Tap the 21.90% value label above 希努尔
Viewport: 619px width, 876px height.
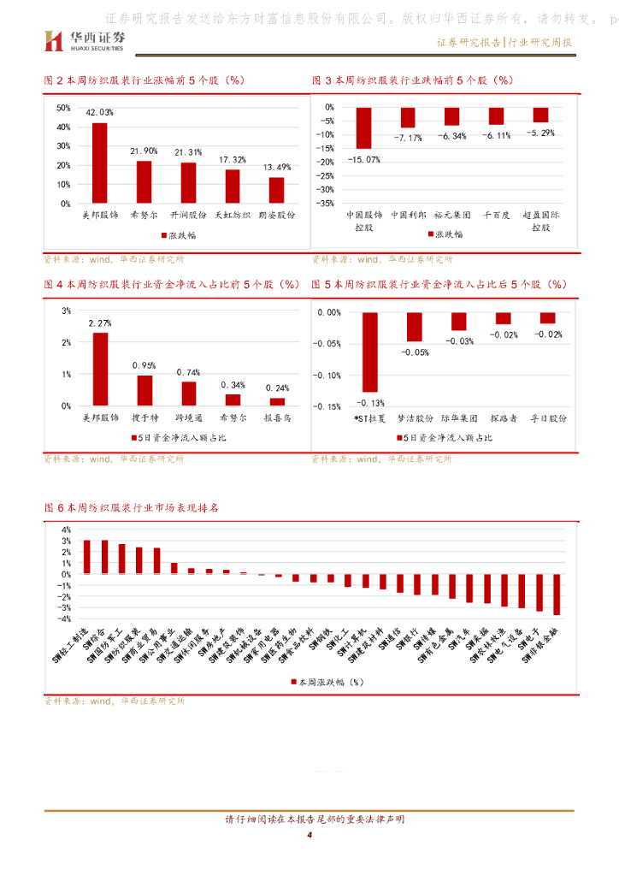click(144, 151)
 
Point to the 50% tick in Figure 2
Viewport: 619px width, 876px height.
click(63, 108)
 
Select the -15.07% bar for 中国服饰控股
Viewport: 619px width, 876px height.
click(364, 128)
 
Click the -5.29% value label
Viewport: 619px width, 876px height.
click(540, 133)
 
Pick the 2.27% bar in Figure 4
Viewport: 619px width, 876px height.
click(100, 369)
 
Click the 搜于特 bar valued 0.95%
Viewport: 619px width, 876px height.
click(144, 390)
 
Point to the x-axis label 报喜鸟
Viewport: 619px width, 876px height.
click(277, 418)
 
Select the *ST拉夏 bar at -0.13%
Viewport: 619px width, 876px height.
click(370, 352)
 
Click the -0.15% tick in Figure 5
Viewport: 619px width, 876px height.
click(328, 406)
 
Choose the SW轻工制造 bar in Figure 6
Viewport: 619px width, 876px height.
click(86, 557)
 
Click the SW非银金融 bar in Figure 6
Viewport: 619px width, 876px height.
click(557, 595)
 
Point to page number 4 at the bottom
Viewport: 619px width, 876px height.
click(309, 835)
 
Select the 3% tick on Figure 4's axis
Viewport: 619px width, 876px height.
click(66, 311)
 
